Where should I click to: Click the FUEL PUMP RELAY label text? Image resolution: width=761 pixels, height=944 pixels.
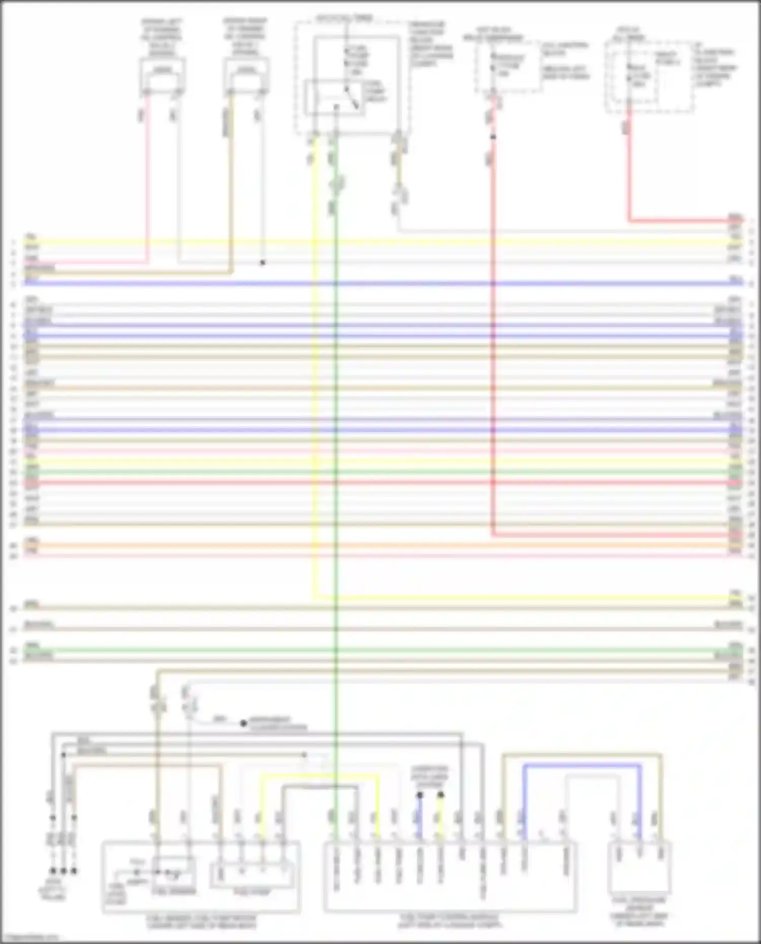tap(375, 91)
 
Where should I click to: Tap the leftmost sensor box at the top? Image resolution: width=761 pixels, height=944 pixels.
tap(162, 76)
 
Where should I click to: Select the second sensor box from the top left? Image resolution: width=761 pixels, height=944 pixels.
tap(247, 76)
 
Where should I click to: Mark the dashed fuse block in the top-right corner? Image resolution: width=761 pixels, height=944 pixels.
tap(649, 76)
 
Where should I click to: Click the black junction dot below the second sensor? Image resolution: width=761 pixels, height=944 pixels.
tap(263, 263)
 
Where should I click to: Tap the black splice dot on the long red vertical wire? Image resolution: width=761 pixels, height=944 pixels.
tap(493, 137)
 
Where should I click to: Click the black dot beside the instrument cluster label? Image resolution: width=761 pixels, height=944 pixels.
tap(244, 723)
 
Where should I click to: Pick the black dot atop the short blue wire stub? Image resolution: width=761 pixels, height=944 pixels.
tap(420, 795)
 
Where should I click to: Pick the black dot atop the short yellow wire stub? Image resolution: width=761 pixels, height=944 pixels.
tap(441, 795)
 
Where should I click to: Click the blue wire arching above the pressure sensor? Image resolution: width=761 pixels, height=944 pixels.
tap(581, 765)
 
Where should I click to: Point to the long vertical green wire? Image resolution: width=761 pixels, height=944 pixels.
tap(335, 457)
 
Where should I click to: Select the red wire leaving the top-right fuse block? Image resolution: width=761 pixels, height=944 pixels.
tap(629, 172)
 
